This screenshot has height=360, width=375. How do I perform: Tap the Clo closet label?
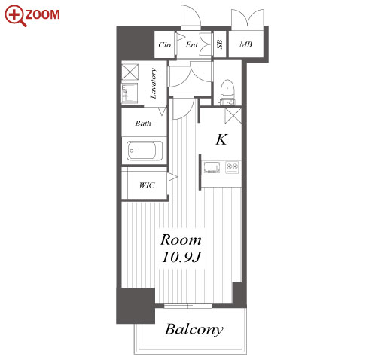click(x=164, y=45)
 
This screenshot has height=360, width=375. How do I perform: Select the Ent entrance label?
click(x=191, y=44)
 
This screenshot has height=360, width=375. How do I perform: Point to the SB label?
click(x=220, y=44)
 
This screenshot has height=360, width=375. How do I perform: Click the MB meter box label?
click(x=245, y=44)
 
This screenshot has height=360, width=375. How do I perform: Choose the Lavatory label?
click(x=153, y=84)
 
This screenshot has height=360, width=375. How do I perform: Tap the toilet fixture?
click(x=227, y=92)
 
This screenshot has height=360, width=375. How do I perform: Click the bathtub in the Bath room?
click(x=145, y=151)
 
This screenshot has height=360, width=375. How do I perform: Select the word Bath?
click(x=143, y=124)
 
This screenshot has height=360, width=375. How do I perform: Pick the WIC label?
click(x=147, y=185)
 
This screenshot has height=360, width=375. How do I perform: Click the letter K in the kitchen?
click(x=221, y=139)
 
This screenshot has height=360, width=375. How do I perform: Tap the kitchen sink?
click(x=212, y=167)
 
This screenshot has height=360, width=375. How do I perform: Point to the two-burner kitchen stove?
click(x=232, y=167)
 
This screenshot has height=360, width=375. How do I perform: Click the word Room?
click(x=181, y=239)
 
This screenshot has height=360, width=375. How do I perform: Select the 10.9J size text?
click(x=181, y=257)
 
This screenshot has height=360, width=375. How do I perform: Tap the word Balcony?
click(x=194, y=330)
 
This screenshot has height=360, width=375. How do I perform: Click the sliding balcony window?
click(x=187, y=306)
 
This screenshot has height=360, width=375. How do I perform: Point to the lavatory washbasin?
click(x=130, y=93)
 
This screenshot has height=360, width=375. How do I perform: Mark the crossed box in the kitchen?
click(x=233, y=116)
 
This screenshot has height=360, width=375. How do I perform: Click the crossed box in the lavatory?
click(x=130, y=72)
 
